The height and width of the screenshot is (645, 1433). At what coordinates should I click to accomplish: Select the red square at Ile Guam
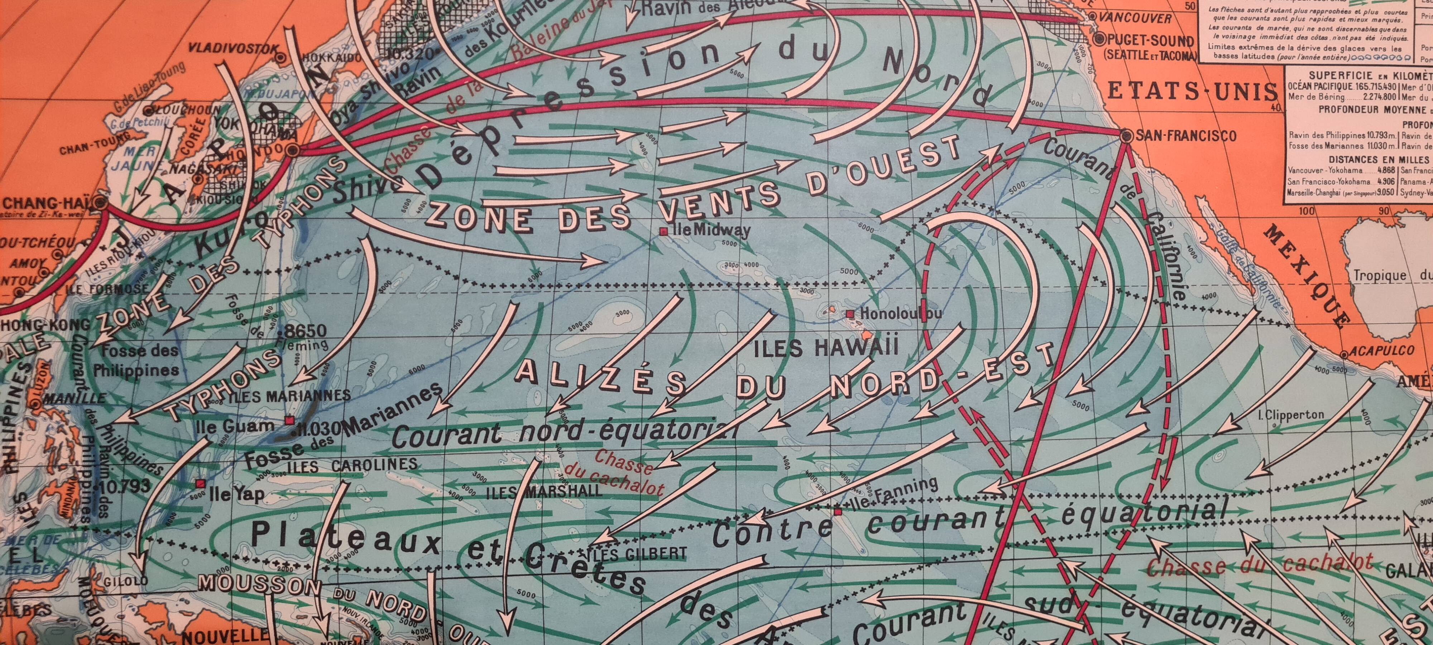(x=289, y=421)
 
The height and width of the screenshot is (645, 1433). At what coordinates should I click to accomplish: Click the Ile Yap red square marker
(x=200, y=484)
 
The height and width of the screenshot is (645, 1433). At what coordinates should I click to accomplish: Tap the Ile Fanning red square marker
(x=838, y=510)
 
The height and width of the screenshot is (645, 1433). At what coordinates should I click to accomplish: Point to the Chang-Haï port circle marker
(x=101, y=202)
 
